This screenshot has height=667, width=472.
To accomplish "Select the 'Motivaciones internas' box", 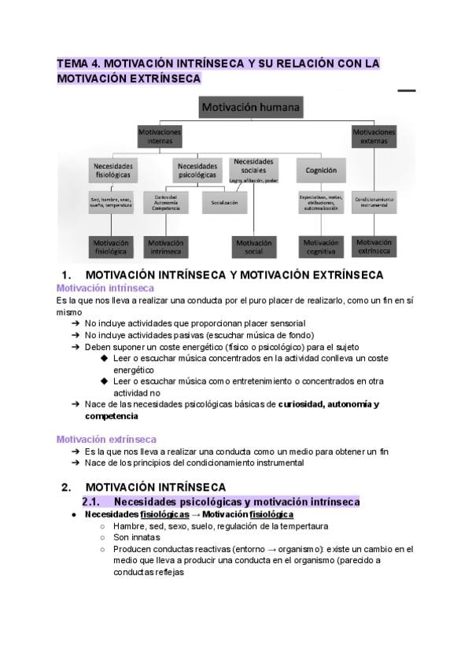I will pos(160,137).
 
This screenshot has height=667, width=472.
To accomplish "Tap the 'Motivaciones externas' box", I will pos(374,136).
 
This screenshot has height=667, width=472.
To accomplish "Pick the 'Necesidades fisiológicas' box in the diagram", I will pos(113,171).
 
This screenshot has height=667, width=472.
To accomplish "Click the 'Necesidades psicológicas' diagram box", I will pos(197,171).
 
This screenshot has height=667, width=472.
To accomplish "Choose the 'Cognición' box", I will pos(322,170).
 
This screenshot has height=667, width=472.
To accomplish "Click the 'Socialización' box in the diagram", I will pos(224,202).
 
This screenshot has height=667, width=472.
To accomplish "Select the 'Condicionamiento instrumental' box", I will pos(374,202).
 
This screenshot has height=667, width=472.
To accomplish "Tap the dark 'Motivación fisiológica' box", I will pos(111,247).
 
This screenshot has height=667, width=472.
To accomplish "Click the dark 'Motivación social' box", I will pos(254,247).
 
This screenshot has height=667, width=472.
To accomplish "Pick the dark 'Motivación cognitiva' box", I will pos(320,247).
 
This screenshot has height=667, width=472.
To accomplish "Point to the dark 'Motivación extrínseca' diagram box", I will pos(374,246).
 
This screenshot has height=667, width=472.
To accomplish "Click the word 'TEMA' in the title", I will pos(74,63).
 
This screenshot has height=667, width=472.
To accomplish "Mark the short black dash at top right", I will pos(406,91).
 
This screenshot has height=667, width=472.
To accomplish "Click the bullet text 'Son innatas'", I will pos(137,537).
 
